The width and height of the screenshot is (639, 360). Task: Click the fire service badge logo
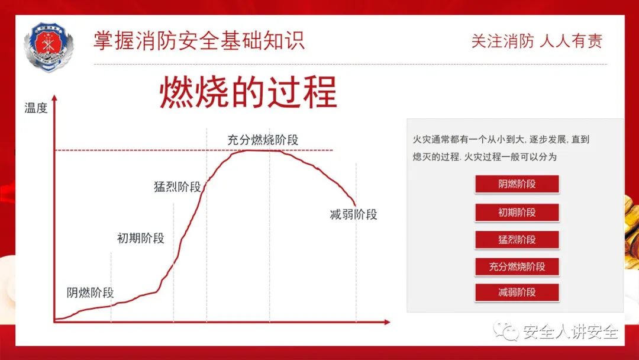click(49, 47)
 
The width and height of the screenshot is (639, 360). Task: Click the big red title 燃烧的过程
click(248, 92)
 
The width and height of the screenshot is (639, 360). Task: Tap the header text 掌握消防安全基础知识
click(199, 40)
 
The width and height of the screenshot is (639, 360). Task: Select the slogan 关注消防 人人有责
click(537, 41)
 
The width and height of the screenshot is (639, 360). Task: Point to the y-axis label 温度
click(36, 108)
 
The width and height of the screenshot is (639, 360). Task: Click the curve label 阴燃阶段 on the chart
click(90, 292)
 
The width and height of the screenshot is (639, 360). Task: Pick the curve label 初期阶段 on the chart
click(141, 238)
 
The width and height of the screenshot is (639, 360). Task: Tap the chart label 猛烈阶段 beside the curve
click(177, 187)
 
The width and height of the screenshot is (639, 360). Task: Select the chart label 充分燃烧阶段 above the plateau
click(263, 140)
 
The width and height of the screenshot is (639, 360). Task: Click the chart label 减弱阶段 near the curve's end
click(353, 214)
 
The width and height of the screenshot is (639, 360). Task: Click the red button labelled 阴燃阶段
click(517, 184)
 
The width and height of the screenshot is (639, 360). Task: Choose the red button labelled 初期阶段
click(517, 213)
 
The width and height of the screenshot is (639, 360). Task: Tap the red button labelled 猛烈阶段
click(517, 240)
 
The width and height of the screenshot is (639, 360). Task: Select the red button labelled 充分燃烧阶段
click(517, 266)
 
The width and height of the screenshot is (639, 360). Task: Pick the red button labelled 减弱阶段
click(517, 292)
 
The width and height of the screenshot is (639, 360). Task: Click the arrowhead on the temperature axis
click(54, 98)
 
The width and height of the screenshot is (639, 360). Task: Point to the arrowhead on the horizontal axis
click(387, 322)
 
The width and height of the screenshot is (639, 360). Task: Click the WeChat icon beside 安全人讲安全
click(505, 330)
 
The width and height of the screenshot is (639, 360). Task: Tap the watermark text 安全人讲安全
click(570, 332)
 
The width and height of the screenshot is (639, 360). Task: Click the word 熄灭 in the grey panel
click(421, 157)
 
